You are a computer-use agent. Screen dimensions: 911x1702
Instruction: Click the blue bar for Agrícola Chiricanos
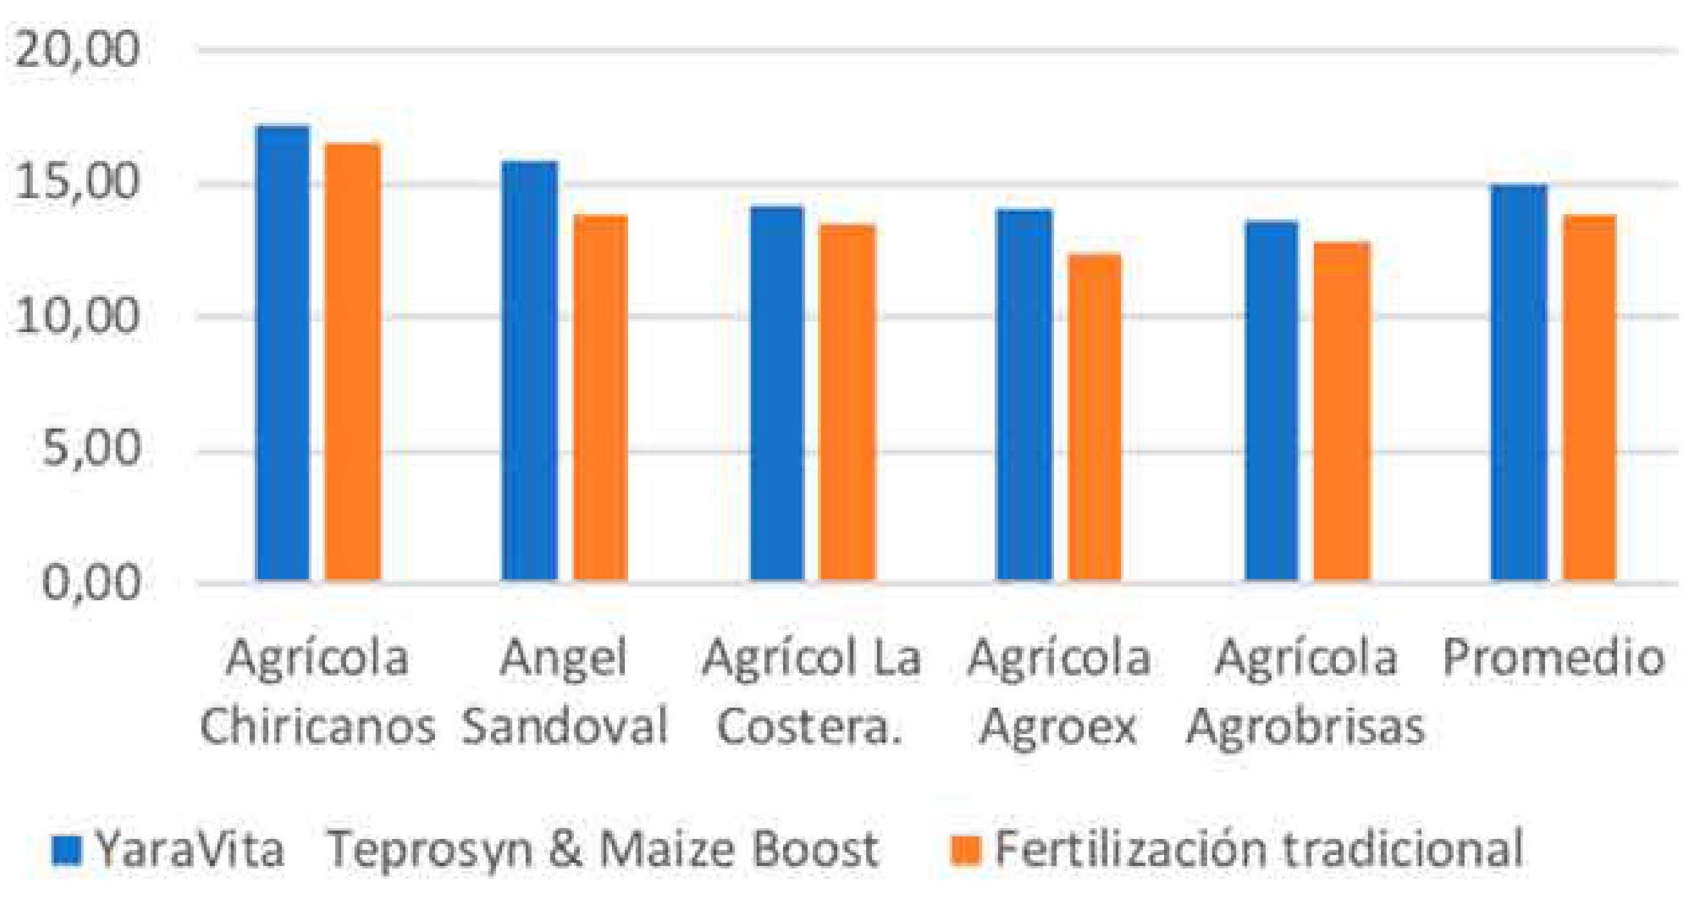click(x=282, y=353)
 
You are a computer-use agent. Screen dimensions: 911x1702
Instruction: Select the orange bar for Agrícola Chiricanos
click(x=353, y=362)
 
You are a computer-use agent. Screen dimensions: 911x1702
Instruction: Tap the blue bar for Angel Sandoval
click(x=529, y=371)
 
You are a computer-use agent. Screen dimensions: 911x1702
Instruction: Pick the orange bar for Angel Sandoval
click(x=600, y=398)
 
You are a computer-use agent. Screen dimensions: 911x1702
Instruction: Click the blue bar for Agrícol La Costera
click(x=777, y=394)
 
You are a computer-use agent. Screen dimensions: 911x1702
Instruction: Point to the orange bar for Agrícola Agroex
click(x=1095, y=417)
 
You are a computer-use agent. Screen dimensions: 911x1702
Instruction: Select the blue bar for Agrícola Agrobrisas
click(x=1272, y=401)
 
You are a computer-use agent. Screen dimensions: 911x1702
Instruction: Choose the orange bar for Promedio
click(x=1588, y=398)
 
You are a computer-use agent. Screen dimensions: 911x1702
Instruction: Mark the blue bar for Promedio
click(x=1520, y=383)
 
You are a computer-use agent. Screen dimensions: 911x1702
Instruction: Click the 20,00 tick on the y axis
click(x=77, y=50)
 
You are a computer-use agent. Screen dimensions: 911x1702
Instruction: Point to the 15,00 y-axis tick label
click(x=77, y=183)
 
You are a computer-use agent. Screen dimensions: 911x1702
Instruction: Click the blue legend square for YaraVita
click(x=66, y=851)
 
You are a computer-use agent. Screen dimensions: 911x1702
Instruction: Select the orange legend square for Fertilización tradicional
click(x=965, y=851)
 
